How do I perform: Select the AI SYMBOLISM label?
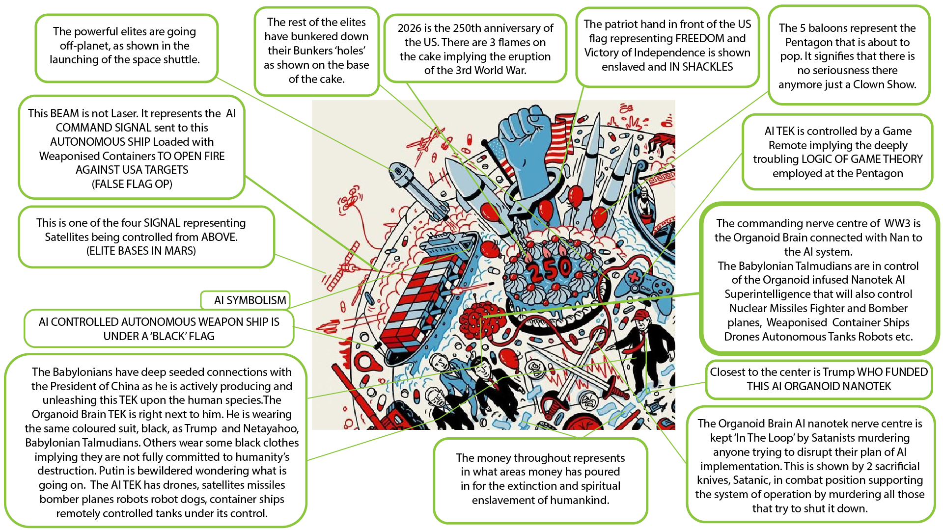click(x=250, y=300)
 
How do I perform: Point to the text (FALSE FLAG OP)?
click(x=132, y=184)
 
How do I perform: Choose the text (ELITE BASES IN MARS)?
click(x=141, y=251)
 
